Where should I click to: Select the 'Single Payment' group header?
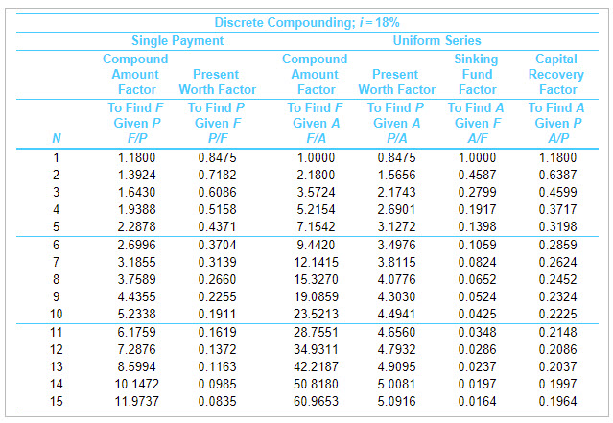tap(177, 40)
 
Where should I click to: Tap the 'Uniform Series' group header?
tap(436, 40)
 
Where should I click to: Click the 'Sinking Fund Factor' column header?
tap(477, 74)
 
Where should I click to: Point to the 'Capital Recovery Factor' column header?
tap(556, 74)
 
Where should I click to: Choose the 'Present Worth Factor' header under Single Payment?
tap(217, 82)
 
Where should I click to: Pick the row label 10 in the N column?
tap(57, 314)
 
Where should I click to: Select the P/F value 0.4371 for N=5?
tap(217, 226)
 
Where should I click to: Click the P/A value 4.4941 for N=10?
tap(396, 314)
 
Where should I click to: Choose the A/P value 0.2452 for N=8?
tap(556, 279)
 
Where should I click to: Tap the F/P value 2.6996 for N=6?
tap(137, 245)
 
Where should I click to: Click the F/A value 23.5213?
tap(317, 314)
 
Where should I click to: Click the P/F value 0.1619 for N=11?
tap(217, 332)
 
